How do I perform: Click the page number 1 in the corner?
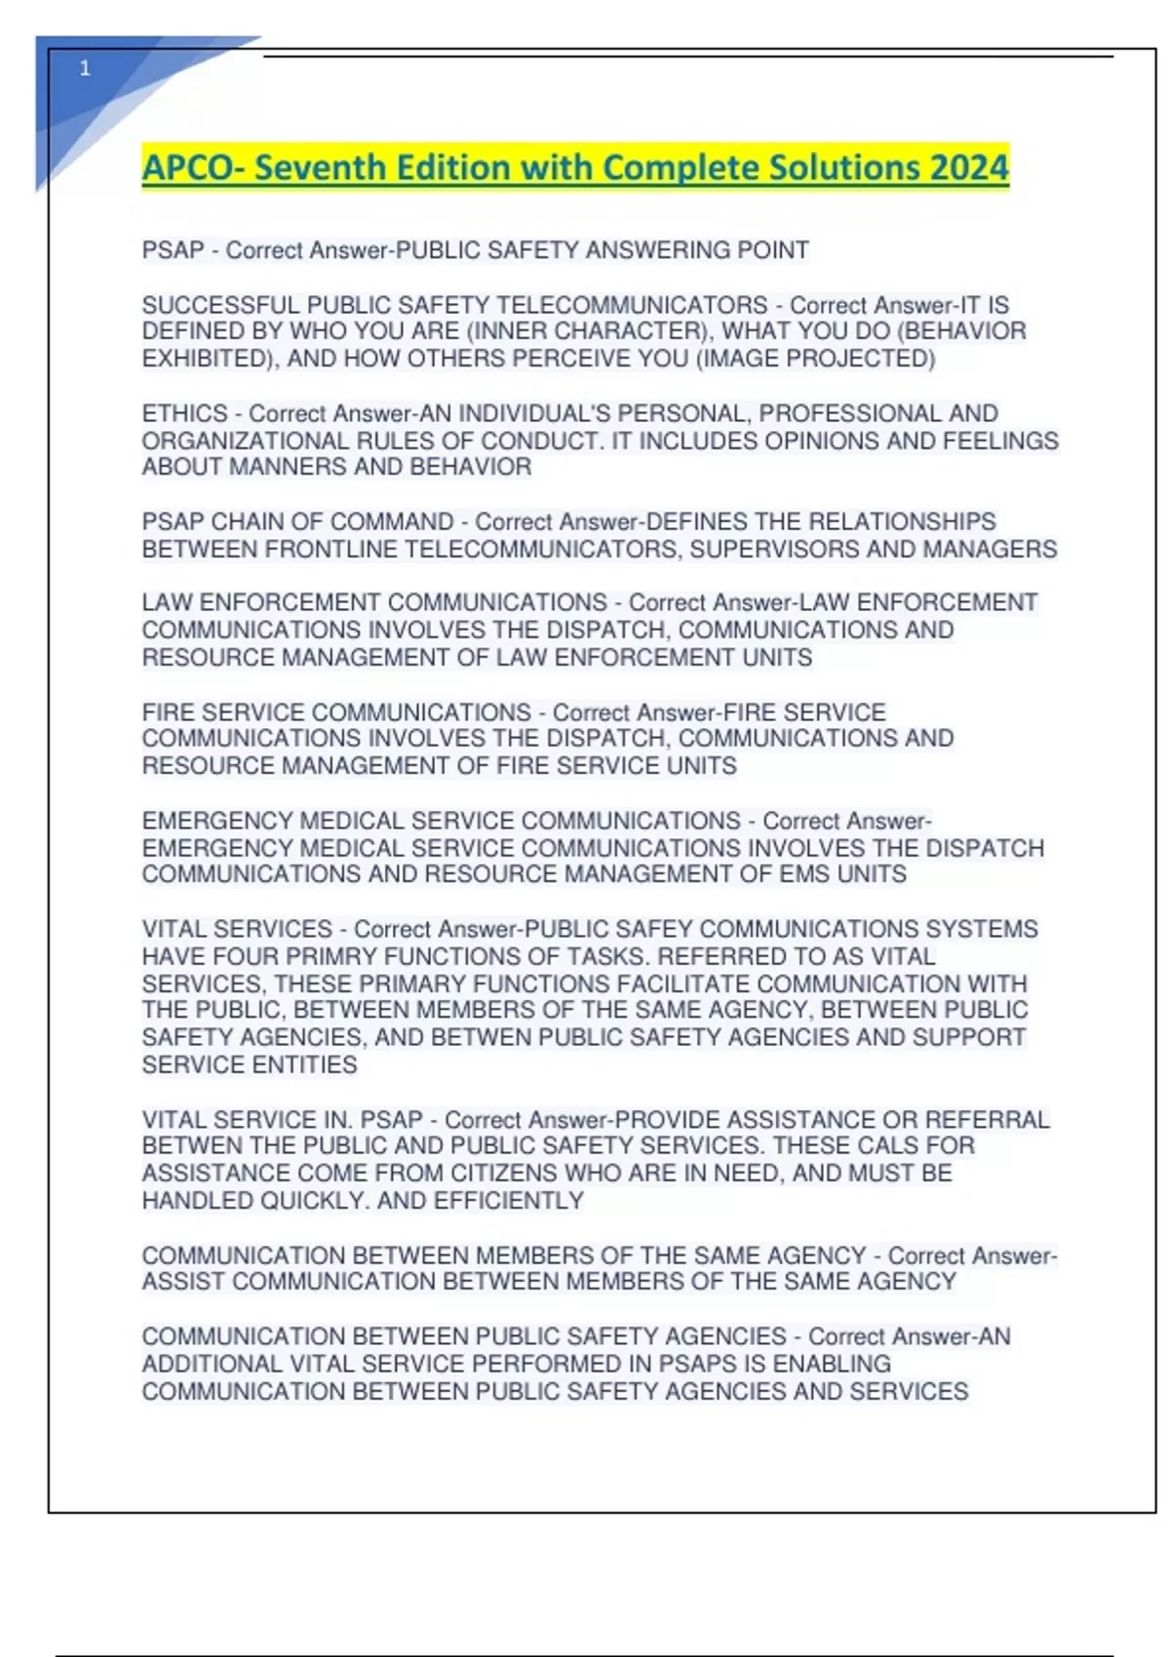[85, 68]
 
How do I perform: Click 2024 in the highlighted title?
[969, 168]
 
